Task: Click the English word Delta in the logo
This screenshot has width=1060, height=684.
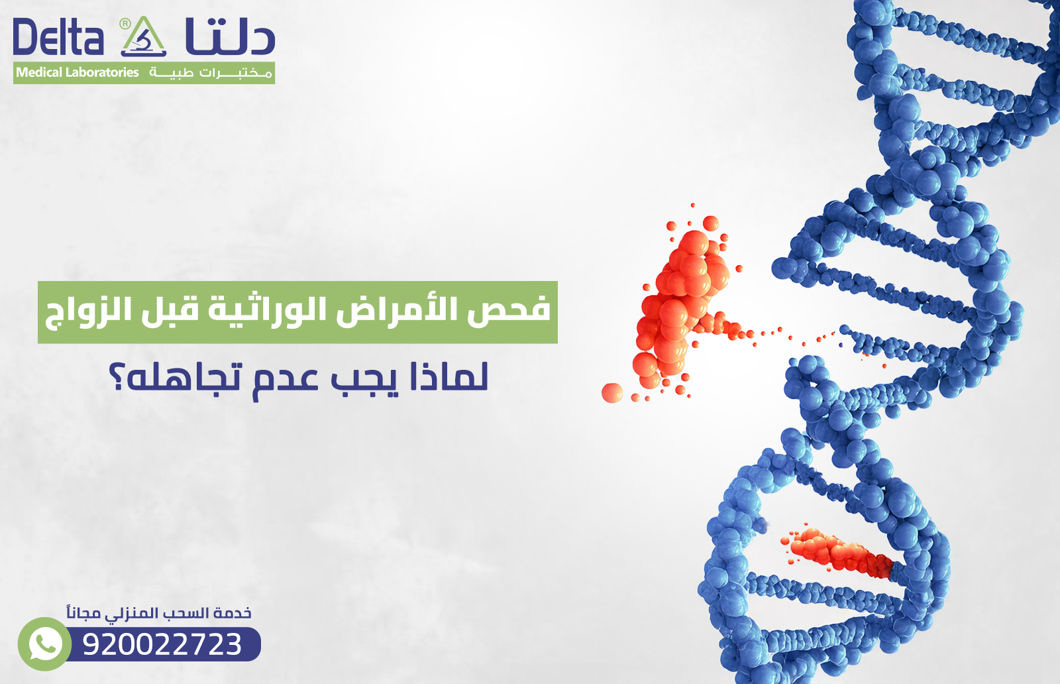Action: pos(58,38)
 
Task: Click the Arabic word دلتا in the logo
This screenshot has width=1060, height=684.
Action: pos(230,38)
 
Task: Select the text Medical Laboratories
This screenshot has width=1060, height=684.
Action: pos(77,73)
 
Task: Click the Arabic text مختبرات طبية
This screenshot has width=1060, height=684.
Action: pos(211,73)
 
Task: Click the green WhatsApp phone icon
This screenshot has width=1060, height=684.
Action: pos(44,644)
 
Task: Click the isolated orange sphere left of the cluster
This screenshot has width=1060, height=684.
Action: pos(611,392)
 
